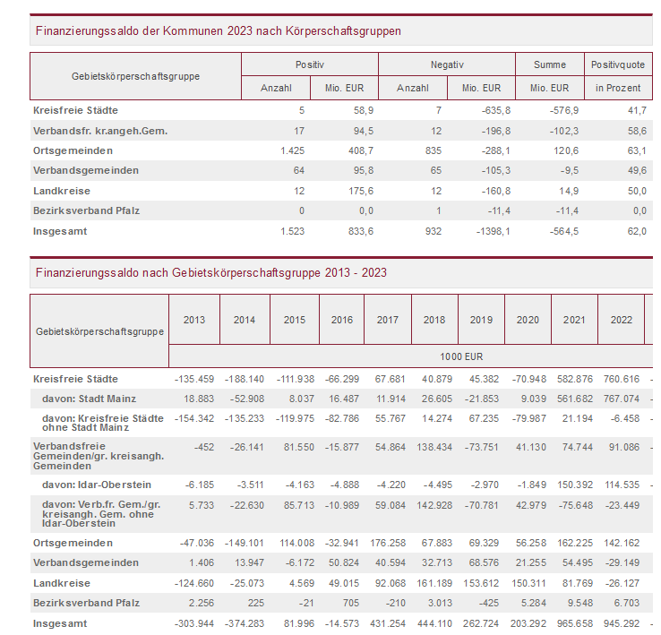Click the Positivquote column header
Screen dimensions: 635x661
618,65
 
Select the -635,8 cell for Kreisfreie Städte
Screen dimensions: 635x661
486,110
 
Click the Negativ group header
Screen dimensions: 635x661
447,65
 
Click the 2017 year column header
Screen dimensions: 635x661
388,320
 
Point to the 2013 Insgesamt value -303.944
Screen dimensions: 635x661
190,623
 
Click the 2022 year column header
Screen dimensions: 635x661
621,320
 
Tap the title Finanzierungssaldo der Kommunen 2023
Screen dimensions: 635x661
219,31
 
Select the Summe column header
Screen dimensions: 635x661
549,65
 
